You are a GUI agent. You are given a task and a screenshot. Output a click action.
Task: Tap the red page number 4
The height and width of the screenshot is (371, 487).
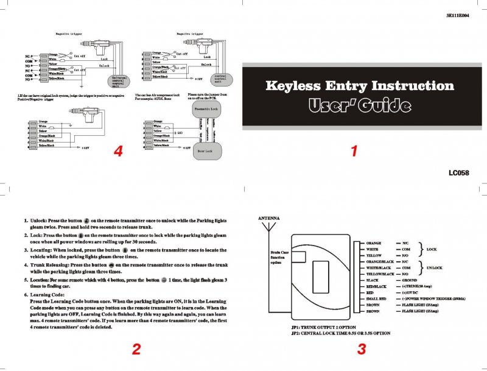[119, 152]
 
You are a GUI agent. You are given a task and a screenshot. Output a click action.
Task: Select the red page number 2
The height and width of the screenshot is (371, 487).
[136, 349]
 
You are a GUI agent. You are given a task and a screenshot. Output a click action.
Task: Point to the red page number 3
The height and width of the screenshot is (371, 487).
[362, 349]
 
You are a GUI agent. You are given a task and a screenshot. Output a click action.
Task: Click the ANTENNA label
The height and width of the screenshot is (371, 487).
[270, 217]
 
